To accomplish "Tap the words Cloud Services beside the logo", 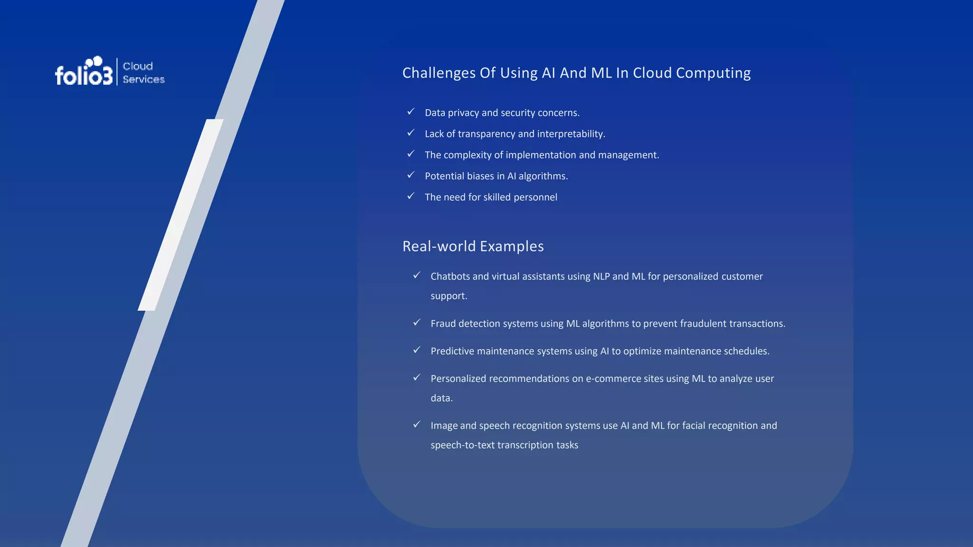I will [143, 73].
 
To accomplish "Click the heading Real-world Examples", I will [473, 246].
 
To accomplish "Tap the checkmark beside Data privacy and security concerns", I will [411, 112].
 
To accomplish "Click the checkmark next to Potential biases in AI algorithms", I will [411, 175].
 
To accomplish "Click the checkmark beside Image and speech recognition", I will [417, 424].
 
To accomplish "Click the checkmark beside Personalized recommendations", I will [417, 377].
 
